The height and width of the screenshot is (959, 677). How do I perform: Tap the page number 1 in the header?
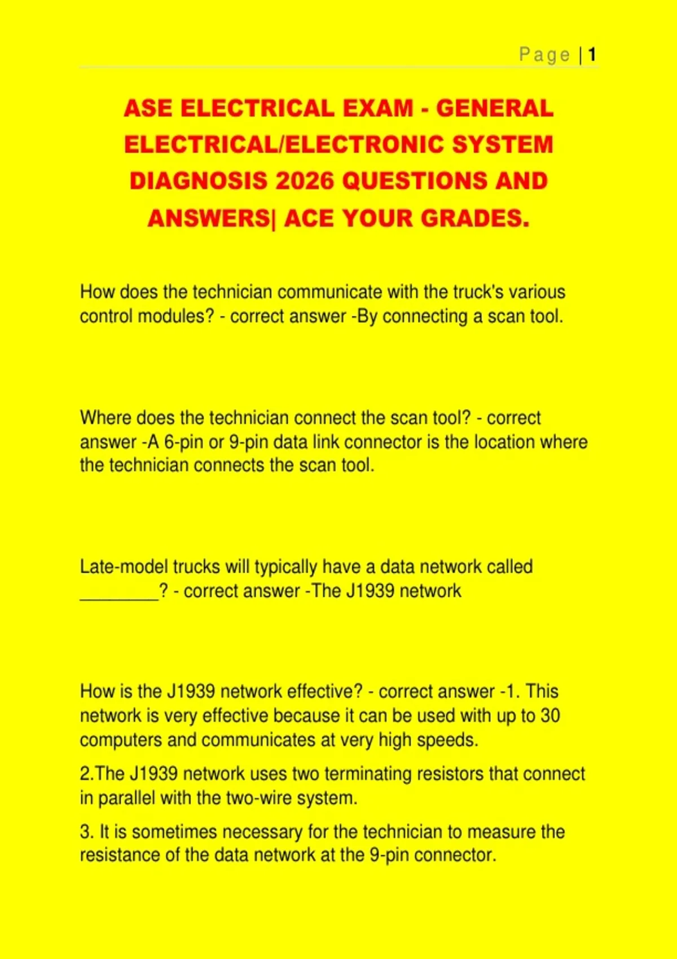click(592, 55)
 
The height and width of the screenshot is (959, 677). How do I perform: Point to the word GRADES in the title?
click(475, 219)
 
